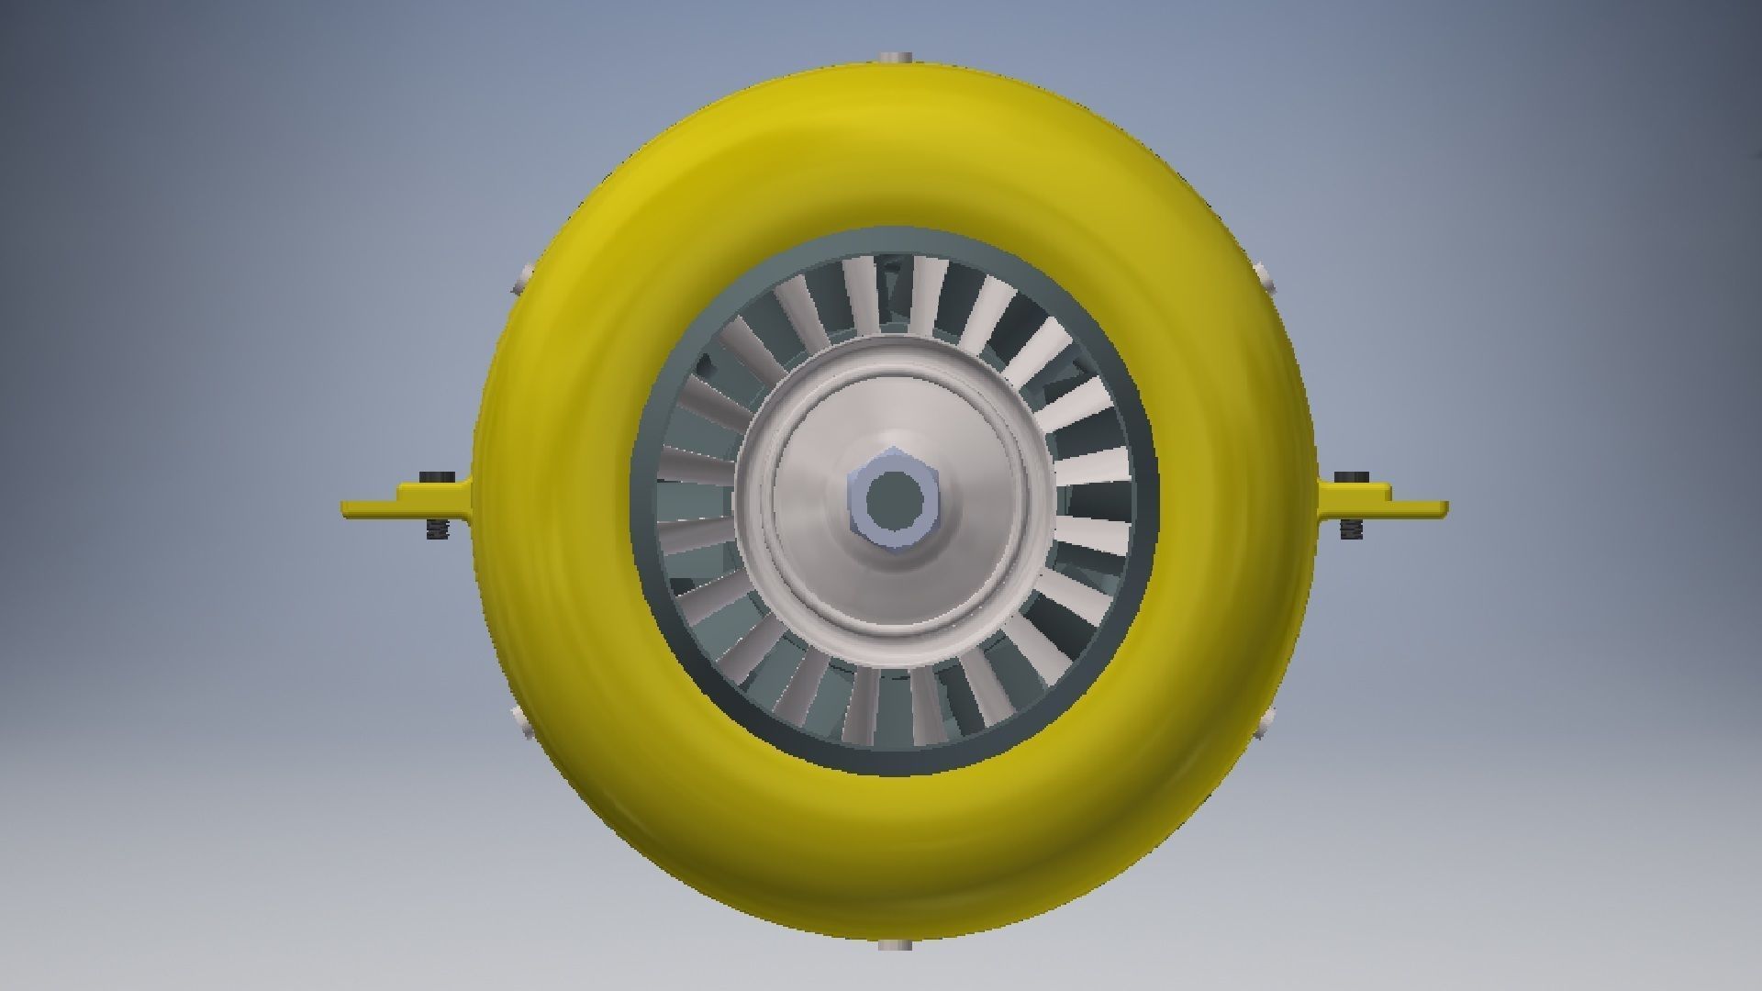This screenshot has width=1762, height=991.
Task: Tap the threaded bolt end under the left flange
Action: click(437, 529)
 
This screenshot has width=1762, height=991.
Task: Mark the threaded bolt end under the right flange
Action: click(1351, 529)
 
